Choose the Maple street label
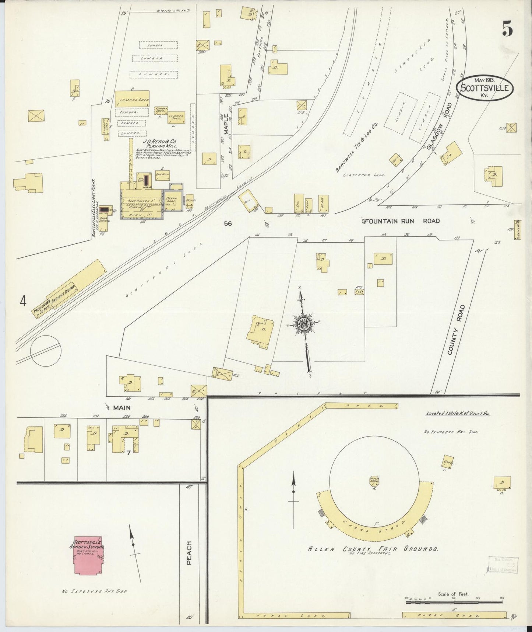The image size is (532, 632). coord(225,124)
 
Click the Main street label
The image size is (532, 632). coord(123,407)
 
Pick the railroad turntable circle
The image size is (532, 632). coord(46,350)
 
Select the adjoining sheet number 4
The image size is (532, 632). coord(23,302)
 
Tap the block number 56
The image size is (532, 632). coord(228,223)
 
